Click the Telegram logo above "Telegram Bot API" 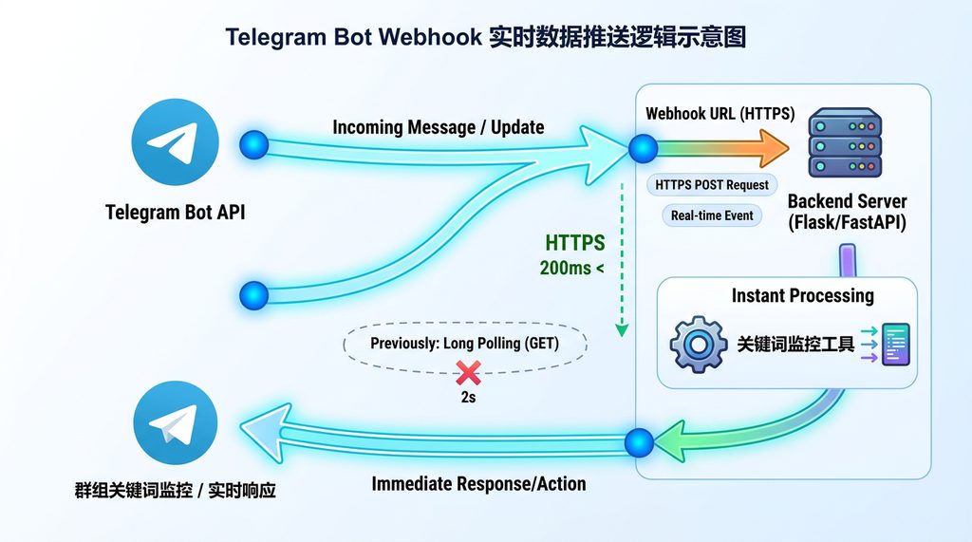click(x=175, y=143)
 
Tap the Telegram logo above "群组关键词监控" click(x=176, y=422)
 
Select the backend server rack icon click(x=844, y=143)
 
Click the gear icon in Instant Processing click(x=699, y=344)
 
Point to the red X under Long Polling click(x=467, y=372)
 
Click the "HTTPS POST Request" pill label click(x=712, y=185)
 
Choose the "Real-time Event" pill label click(x=712, y=215)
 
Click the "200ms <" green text click(x=571, y=269)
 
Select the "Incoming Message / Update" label click(x=439, y=127)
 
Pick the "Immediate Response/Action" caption click(x=478, y=484)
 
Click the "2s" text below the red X click(x=467, y=398)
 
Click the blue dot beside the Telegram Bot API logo click(x=254, y=145)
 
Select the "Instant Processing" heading click(x=802, y=295)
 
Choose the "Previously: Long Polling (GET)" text click(x=464, y=344)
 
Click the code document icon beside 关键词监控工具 click(x=895, y=344)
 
